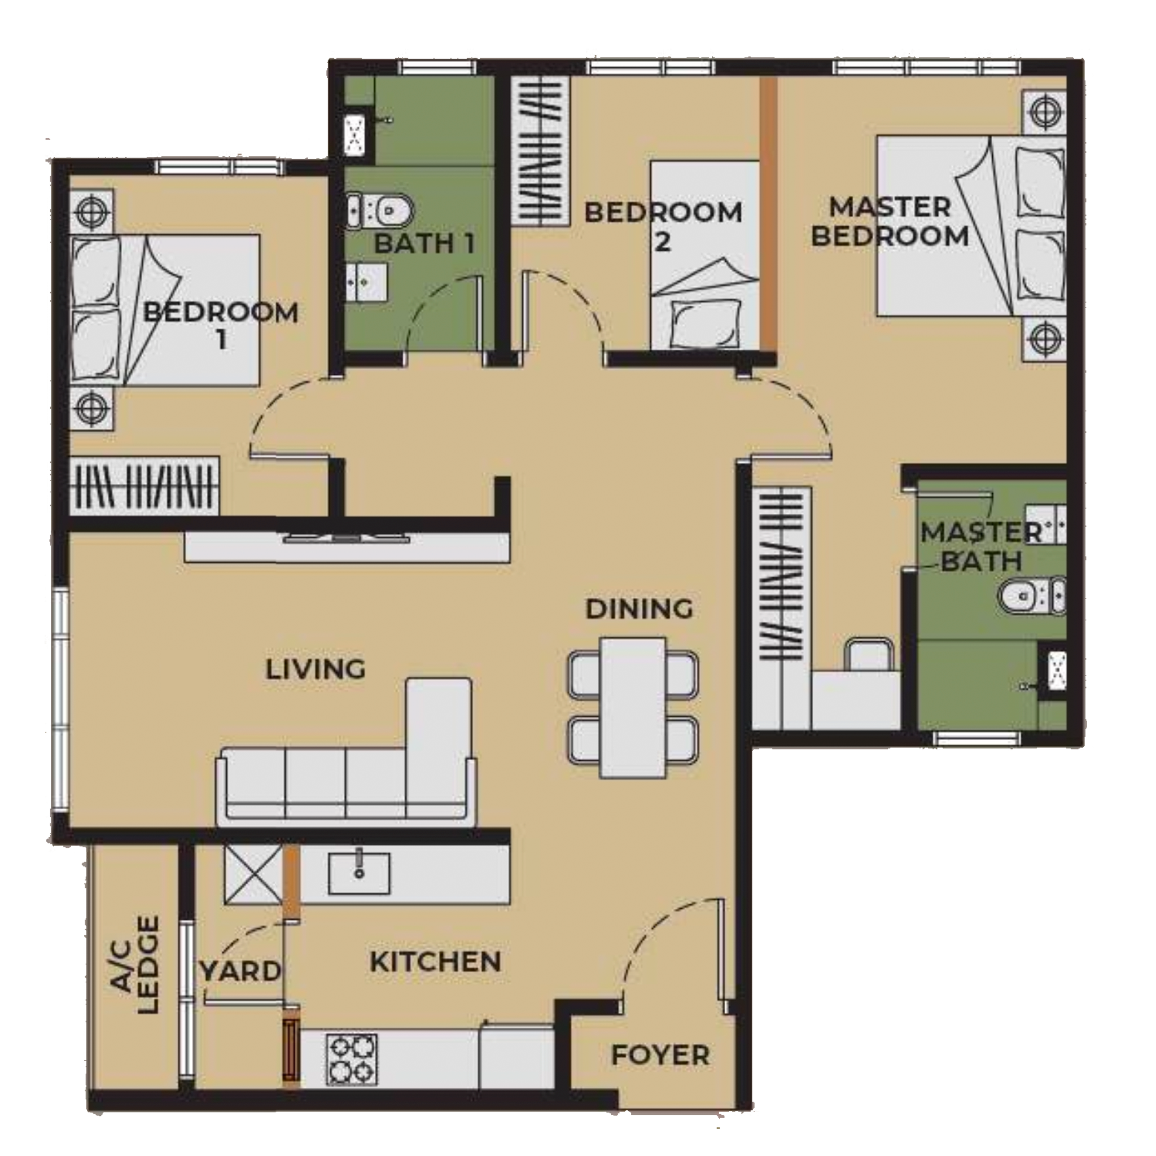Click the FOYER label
pyautogui.click(x=660, y=1055)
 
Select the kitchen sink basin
pyautogui.click(x=359, y=874)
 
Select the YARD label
pyautogui.click(x=240, y=970)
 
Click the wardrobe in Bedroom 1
pyautogui.click(x=144, y=487)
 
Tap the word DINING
pyautogui.click(x=639, y=609)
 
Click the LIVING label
pyautogui.click(x=316, y=669)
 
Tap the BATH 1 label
pyautogui.click(x=424, y=243)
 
